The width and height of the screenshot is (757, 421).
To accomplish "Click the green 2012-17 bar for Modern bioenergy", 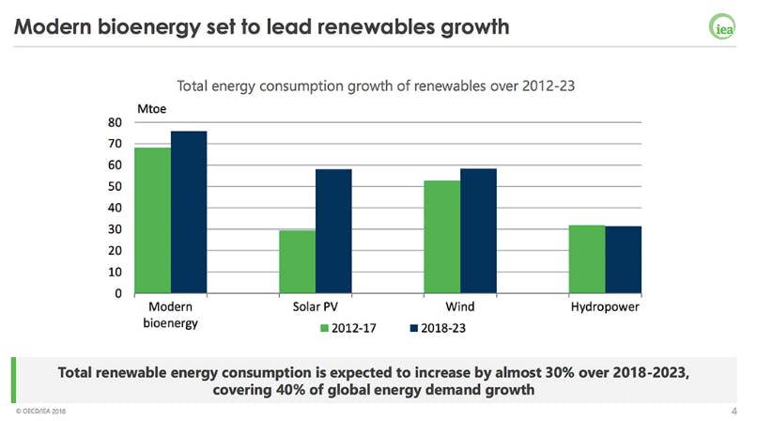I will tap(153, 221).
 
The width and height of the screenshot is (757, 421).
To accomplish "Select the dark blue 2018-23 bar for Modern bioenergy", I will tap(189, 212).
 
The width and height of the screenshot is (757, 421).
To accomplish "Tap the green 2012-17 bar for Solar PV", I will tap(298, 261).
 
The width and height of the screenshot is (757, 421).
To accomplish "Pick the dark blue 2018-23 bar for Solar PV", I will tap(333, 231).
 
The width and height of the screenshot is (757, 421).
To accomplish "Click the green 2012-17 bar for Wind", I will tap(442, 237).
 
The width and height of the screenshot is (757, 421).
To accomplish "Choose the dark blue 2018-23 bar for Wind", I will tap(478, 231).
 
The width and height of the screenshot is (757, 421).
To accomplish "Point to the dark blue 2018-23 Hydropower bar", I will tap(623, 259).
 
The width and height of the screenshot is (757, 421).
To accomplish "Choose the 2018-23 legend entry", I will tap(440, 328).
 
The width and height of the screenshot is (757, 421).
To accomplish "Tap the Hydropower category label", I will tap(606, 307).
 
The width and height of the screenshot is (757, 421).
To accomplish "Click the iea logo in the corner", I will tap(721, 26).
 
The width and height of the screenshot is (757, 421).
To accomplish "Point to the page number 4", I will tap(734, 411).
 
